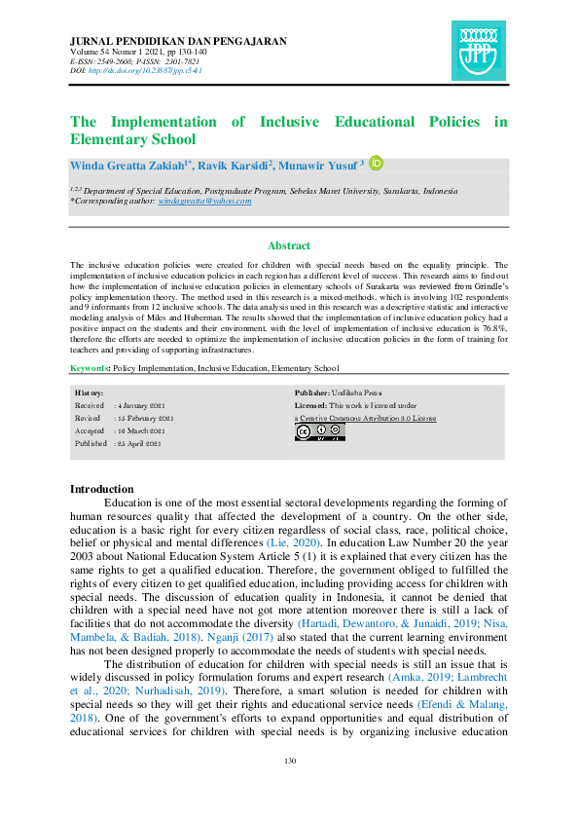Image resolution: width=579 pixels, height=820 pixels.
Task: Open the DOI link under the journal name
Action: point(152,71)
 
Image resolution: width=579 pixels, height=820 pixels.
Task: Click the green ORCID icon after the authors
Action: point(377,163)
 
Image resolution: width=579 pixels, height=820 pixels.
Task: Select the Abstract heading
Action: point(289,245)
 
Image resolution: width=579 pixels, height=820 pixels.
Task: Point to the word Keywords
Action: point(90,368)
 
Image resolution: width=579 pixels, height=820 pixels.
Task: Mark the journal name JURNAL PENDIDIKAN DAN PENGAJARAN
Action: point(178,40)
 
